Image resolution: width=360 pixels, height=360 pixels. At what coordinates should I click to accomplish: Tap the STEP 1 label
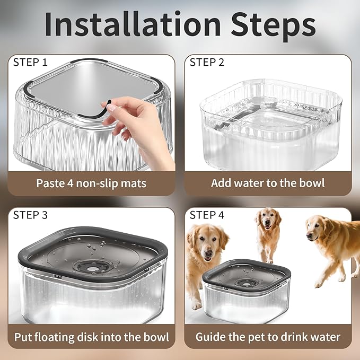click(30, 63)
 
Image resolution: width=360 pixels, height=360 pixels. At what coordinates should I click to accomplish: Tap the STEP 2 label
click(207, 63)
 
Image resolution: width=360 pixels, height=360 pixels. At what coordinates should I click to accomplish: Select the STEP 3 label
click(30, 215)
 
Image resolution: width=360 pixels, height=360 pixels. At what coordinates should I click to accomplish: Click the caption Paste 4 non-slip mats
click(91, 183)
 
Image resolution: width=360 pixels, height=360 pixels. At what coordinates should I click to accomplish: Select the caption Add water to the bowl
click(268, 183)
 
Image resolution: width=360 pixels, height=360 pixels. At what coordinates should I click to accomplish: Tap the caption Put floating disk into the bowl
click(91, 337)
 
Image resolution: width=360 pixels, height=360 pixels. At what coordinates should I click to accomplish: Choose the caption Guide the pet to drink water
click(268, 337)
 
